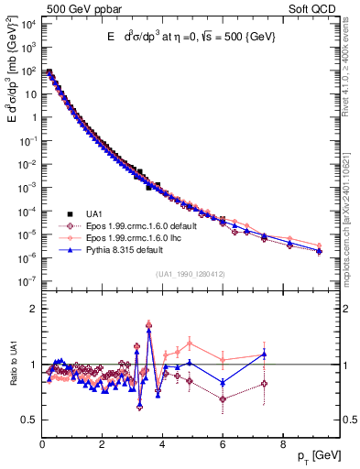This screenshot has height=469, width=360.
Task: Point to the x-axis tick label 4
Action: [x=162, y=445]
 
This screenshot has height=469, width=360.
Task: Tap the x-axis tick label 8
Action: [x=281, y=445]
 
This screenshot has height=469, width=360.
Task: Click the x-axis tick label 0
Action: [x=43, y=445]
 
